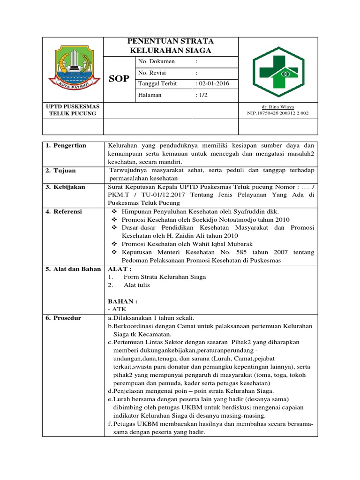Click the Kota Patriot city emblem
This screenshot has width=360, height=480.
(72, 70)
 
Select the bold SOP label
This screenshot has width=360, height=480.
(119, 78)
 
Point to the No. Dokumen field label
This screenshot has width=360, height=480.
(156, 61)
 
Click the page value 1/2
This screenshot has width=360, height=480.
(202, 95)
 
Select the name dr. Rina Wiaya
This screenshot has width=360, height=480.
(278, 107)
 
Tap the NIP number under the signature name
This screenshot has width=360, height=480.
(278, 113)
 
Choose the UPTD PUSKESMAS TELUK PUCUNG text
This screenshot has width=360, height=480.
(72, 110)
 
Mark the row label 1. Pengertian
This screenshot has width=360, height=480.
(66, 146)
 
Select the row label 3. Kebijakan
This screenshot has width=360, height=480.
(65, 187)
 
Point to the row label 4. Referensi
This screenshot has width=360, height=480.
(64, 212)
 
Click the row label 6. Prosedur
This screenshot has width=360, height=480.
(63, 318)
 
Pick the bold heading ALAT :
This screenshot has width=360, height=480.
(120, 269)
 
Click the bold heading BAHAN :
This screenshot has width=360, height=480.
(123, 301)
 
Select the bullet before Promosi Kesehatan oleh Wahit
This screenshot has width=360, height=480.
(115, 244)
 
